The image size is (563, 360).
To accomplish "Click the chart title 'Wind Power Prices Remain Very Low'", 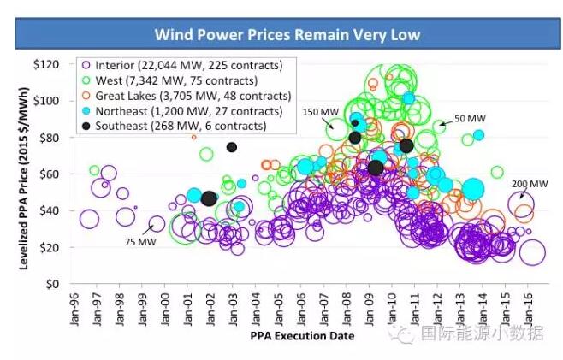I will point(281,35).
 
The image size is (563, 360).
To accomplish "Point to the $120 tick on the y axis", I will point(48,65).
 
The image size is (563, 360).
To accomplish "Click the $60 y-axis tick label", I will point(51,174).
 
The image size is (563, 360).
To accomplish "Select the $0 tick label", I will point(55,284).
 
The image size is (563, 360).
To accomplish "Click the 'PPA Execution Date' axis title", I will point(302,336).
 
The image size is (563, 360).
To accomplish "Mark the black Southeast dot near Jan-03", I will point(232,147).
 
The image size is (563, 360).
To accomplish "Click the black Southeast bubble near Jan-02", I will point(209,198).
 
